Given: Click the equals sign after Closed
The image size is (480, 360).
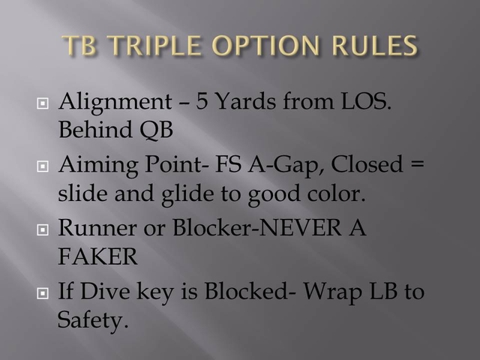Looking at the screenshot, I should click(418, 164).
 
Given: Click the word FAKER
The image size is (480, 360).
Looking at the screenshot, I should click(97, 258).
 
